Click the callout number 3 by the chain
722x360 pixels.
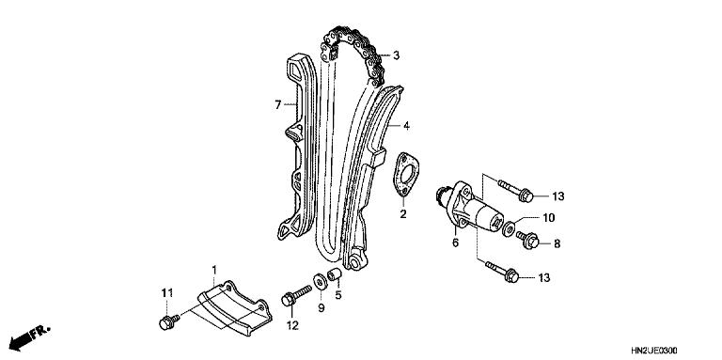[397, 56]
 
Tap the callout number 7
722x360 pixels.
[277, 104]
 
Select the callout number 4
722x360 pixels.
[406, 125]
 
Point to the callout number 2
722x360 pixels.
[402, 214]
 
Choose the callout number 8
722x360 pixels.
[555, 243]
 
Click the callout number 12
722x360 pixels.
[292, 325]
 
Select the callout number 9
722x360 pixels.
[320, 306]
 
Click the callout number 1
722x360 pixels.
[213, 270]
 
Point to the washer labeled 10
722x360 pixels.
[509, 229]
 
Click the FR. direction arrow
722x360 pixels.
[28, 334]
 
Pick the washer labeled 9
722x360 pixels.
[321, 280]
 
